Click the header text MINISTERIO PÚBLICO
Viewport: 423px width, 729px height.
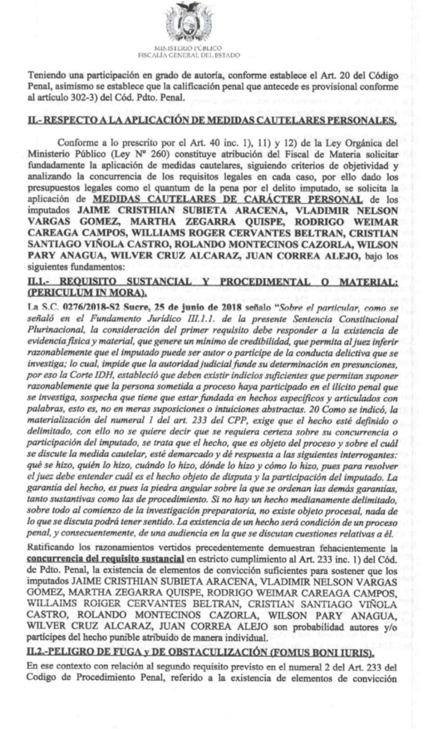189,48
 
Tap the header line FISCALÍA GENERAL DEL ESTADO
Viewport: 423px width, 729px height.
189,55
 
